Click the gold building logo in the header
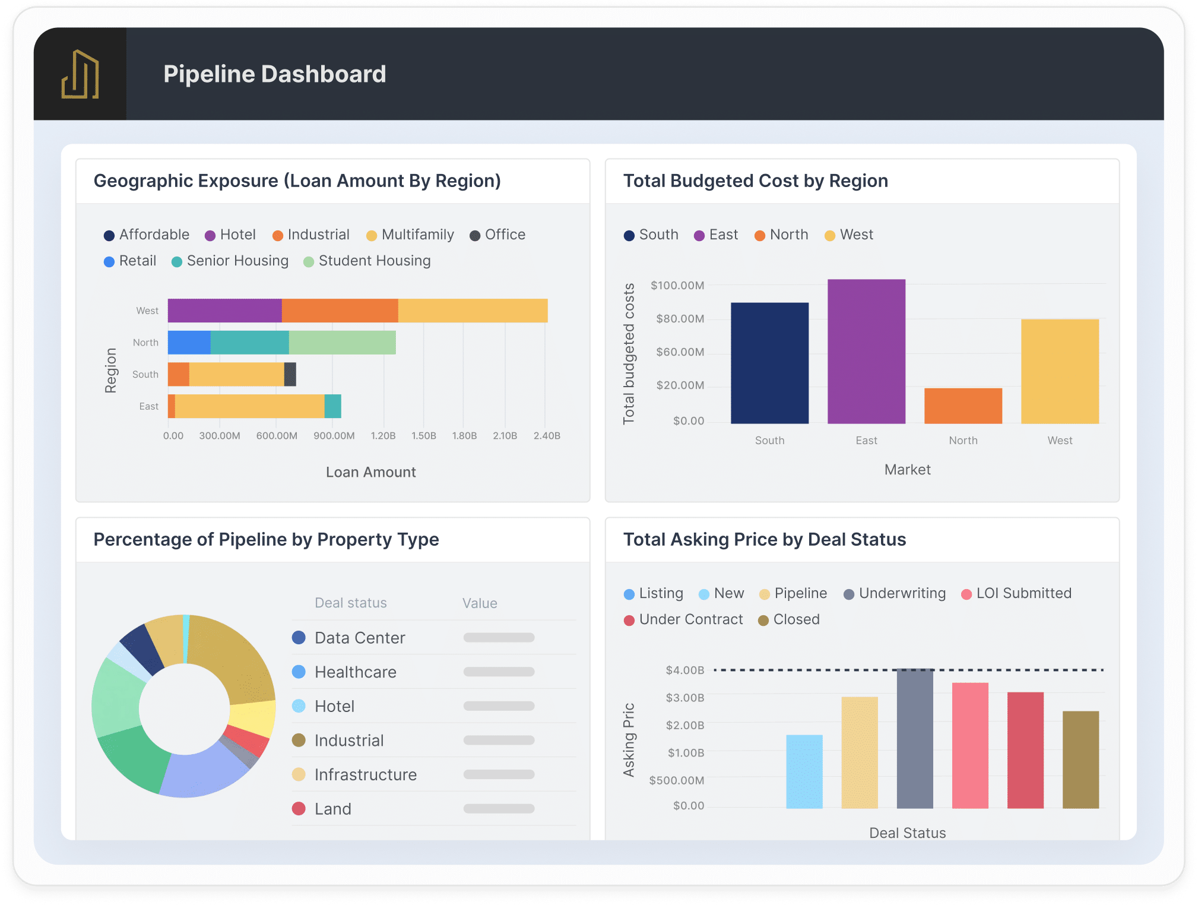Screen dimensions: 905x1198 pyautogui.click(x=80, y=74)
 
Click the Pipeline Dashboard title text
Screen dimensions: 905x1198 pyautogui.click(x=274, y=74)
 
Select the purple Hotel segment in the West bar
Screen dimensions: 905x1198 pyautogui.click(x=224, y=311)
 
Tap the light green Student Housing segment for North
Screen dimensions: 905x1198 pyautogui.click(x=342, y=343)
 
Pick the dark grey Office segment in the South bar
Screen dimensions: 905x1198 pyautogui.click(x=290, y=375)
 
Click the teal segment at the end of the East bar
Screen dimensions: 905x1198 pyautogui.click(x=333, y=406)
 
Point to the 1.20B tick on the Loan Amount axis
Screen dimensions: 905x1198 pyautogui.click(x=383, y=436)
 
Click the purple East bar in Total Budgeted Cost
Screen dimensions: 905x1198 pyautogui.click(x=866, y=352)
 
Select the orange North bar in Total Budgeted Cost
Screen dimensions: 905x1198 pyautogui.click(x=963, y=406)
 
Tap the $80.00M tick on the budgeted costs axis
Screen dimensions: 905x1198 pyautogui.click(x=680, y=319)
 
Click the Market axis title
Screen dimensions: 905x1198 pyautogui.click(x=907, y=470)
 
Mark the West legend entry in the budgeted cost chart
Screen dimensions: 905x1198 pyautogui.click(x=849, y=235)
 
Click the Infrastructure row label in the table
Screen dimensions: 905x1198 pyautogui.click(x=365, y=775)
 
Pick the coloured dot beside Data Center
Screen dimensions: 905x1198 pyautogui.click(x=299, y=638)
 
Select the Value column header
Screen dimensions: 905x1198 pyautogui.click(x=480, y=603)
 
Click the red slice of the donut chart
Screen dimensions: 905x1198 pyautogui.click(x=247, y=740)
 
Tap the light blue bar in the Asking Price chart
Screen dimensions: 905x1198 pyautogui.click(x=804, y=771)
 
